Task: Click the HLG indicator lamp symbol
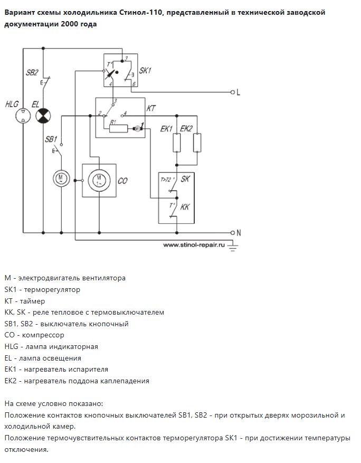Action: tap(23, 116)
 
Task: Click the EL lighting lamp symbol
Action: tap(43, 116)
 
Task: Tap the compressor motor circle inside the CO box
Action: tap(99, 180)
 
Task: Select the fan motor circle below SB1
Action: tap(61, 178)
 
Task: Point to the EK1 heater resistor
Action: tap(176, 143)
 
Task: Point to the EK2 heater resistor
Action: tap(197, 143)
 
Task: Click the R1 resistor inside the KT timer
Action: tap(118, 128)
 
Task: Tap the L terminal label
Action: tap(238, 92)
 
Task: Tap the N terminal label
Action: tap(239, 233)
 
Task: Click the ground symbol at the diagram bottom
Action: tap(233, 247)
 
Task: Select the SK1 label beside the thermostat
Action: tap(145, 71)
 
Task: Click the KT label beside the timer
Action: tap(151, 108)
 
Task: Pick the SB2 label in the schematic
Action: tap(32, 73)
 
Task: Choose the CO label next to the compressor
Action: tap(122, 181)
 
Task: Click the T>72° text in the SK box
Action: tap(167, 179)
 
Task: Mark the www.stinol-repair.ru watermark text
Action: tap(194, 245)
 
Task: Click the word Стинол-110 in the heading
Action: tap(141, 13)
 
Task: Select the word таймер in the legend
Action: tap(33, 301)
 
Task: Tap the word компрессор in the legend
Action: tap(43, 335)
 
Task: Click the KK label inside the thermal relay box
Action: tap(185, 207)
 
